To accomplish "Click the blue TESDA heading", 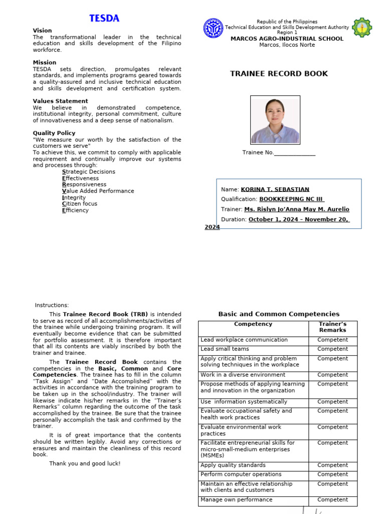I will coord(104,19).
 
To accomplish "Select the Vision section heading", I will coord(42,31).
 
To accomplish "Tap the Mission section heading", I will coord(45,63).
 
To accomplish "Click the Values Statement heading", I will coord(60,101).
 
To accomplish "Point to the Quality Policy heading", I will coord(54,133).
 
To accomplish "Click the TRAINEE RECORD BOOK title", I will coord(279,74).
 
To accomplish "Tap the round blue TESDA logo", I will coord(213,28).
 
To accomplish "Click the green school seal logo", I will coord(362,28).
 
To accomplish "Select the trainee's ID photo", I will coord(275,120).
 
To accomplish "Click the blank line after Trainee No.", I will coord(295,153).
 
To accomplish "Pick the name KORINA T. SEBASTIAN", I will coord(275,190).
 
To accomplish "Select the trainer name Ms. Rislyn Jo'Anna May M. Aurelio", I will coord(296,209).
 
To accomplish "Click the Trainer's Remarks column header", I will coord(332,327).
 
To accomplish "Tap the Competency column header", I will coord(253,324).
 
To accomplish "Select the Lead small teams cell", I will coord(225,349).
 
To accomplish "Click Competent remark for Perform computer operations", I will coord(332,474).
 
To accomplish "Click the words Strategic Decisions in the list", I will coord(88,172).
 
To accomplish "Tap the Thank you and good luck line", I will coord(85,463).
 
